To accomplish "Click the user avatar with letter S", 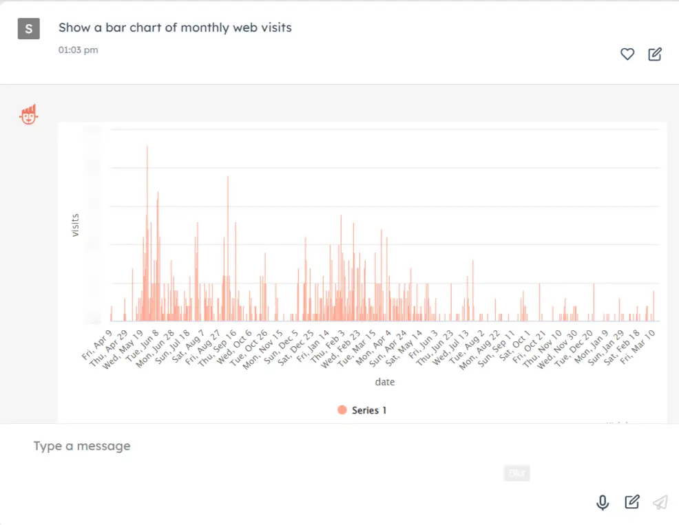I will click(x=28, y=28).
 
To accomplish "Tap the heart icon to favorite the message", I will click(x=627, y=54).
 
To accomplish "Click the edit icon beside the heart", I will click(x=655, y=54).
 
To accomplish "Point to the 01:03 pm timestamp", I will click(x=78, y=50).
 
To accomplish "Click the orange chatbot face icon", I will click(x=28, y=115).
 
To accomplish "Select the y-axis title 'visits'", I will click(x=75, y=226).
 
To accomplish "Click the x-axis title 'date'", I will click(x=384, y=382).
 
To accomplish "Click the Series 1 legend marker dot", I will click(x=342, y=410).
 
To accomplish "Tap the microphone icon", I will click(x=603, y=502).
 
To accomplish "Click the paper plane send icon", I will click(x=660, y=502).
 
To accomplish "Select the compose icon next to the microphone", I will click(x=631, y=502).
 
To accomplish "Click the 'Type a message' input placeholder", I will click(x=82, y=446).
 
